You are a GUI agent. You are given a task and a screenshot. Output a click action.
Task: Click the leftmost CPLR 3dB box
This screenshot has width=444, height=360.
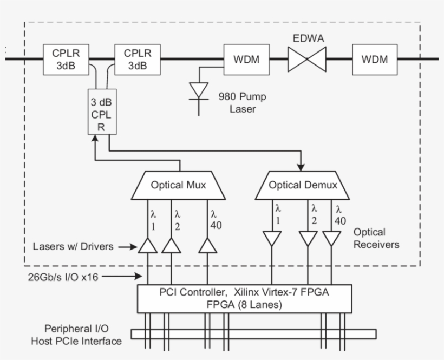(x=66, y=60)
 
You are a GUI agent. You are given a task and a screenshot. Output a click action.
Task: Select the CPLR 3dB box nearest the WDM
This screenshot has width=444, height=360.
(x=138, y=60)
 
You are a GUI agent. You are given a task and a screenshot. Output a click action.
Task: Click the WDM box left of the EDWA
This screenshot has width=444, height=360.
(x=246, y=60)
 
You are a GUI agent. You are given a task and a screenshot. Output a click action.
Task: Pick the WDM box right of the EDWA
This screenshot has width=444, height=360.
(x=375, y=60)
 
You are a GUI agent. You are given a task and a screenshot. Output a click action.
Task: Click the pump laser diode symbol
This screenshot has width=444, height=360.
(x=199, y=90)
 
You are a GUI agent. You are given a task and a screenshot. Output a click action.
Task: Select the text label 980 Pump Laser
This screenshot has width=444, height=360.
(x=242, y=102)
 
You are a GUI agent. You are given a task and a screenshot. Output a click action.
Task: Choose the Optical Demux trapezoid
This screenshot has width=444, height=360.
(x=303, y=185)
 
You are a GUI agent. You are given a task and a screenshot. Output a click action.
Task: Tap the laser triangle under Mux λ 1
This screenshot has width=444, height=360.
(x=148, y=246)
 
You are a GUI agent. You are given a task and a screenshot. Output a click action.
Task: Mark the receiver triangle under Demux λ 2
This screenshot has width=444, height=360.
(x=308, y=238)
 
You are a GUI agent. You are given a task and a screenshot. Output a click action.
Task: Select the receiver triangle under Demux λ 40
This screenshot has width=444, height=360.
(x=331, y=238)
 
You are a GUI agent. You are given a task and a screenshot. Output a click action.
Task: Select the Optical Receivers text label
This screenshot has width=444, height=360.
(x=376, y=238)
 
